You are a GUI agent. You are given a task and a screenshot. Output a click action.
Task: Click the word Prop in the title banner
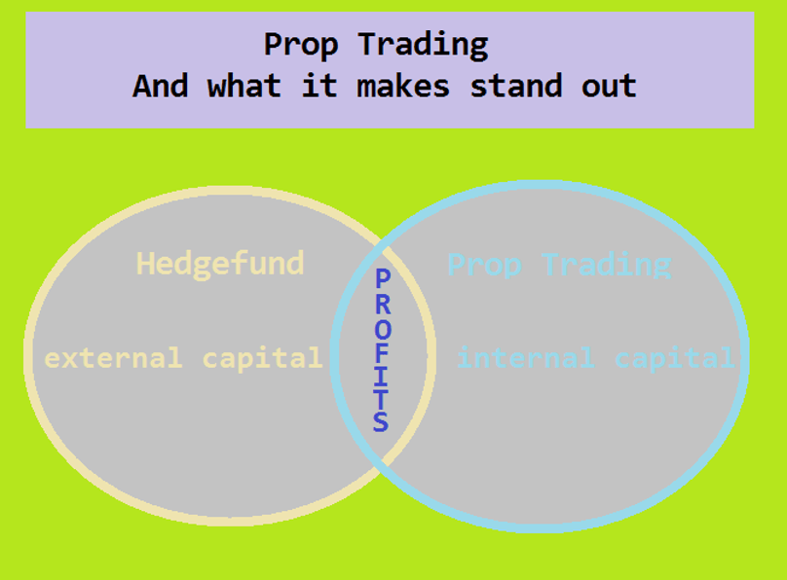[301, 45]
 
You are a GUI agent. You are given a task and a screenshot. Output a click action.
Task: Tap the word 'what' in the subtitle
[244, 86]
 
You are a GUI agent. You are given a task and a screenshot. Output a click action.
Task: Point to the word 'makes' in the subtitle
[403, 86]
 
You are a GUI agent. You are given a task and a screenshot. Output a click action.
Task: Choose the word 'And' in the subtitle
[161, 86]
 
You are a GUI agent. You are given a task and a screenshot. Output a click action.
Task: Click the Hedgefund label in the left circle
[220, 263]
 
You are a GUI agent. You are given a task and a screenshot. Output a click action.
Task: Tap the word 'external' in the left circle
[113, 358]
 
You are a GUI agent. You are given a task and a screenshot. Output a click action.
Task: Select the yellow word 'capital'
[262, 358]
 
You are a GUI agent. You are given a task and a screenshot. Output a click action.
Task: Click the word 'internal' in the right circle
[526, 358]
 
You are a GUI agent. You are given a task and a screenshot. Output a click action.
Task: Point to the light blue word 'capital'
[674, 358]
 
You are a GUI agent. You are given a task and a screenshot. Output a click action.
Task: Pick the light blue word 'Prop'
[484, 265]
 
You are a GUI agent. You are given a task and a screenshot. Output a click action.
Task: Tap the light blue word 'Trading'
[606, 265]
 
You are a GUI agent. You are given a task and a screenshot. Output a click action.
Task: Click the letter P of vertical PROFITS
[383, 278]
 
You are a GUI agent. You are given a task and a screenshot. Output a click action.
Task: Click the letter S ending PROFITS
[381, 421]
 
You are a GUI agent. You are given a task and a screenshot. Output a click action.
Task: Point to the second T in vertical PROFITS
[381, 398]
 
